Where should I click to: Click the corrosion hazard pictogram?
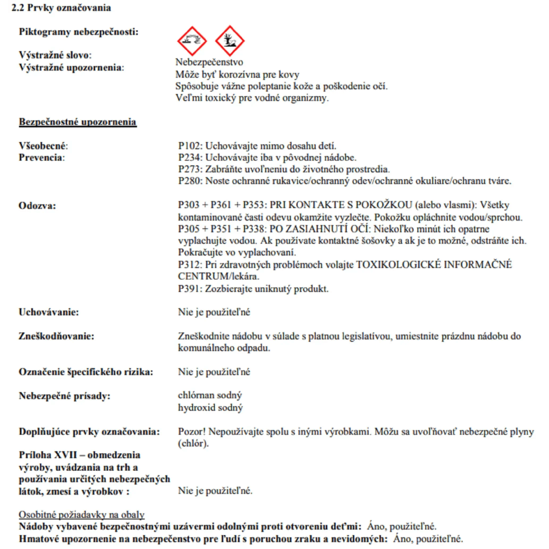(x=192, y=41)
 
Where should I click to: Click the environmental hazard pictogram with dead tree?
(x=229, y=41)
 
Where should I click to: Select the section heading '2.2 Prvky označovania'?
(x=61, y=8)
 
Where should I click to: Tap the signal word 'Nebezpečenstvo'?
(x=209, y=62)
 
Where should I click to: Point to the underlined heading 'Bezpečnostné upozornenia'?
(x=78, y=122)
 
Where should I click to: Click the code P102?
(x=190, y=146)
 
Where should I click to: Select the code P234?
(x=190, y=157)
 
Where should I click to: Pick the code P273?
(x=190, y=169)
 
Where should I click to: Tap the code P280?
(x=190, y=181)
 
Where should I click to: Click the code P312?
(x=190, y=265)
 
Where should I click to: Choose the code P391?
(x=190, y=289)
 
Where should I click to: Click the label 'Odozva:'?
(x=37, y=206)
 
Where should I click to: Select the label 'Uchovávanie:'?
(x=49, y=312)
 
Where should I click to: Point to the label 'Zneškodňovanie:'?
(x=56, y=336)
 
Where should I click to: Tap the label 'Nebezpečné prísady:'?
(x=64, y=396)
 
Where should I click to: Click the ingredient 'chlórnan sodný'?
(x=210, y=395)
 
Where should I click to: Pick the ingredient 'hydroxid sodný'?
(x=210, y=407)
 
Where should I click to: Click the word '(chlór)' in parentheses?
(x=193, y=443)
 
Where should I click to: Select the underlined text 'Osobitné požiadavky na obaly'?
(x=82, y=515)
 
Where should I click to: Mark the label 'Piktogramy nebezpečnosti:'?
(x=79, y=32)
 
